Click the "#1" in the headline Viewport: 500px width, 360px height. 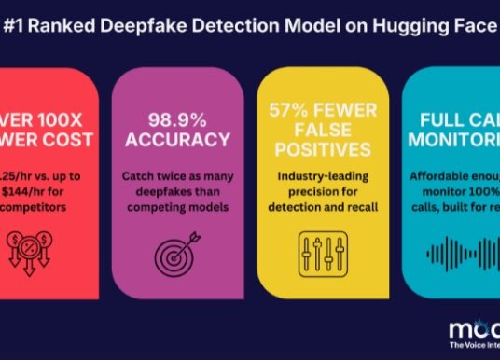click(x=17, y=29)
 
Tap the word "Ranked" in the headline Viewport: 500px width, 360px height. click(x=72, y=29)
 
